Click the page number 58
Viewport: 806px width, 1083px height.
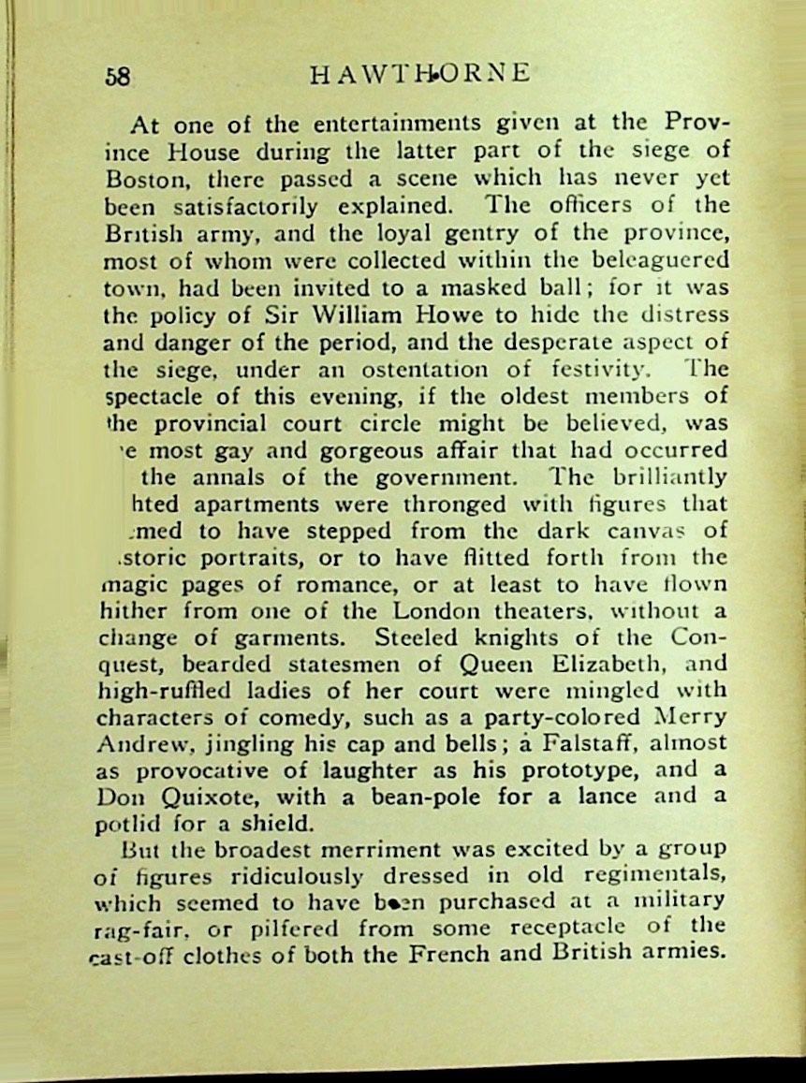coord(119,76)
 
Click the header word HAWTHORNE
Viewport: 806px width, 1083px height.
coord(420,74)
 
